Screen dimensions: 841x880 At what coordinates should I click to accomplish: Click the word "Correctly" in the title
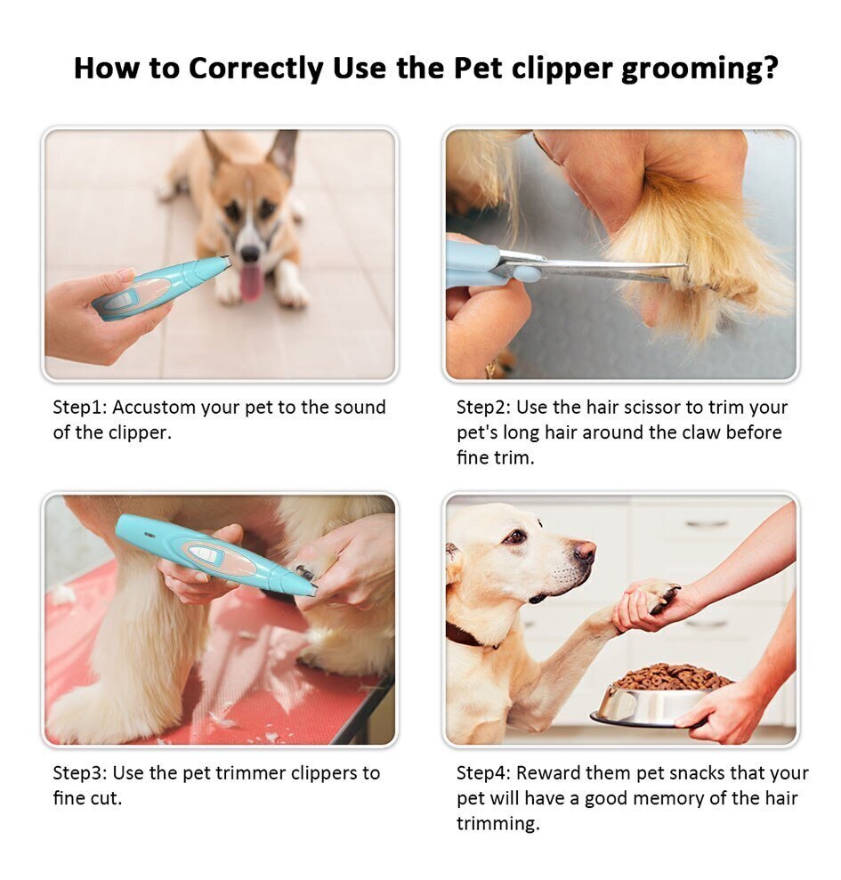(255, 69)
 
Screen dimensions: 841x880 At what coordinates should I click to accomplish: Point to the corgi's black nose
(250, 254)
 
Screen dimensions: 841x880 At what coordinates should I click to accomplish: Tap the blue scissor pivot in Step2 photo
(524, 274)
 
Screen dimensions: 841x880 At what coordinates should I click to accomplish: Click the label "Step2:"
(483, 408)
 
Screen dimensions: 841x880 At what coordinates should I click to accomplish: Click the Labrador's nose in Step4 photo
(586, 551)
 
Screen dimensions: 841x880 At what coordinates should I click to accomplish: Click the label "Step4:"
(483, 773)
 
